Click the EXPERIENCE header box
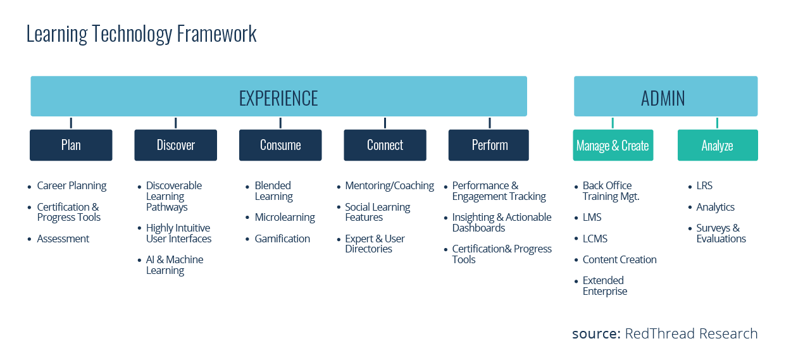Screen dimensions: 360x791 point(278,97)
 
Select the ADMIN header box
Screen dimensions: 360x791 point(665,97)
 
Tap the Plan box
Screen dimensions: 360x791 point(71,146)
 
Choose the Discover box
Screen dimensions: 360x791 point(175,146)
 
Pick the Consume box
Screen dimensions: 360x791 point(280,146)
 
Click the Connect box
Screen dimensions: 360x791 point(385,146)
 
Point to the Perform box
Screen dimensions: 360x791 point(489,146)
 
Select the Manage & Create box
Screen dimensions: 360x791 point(613,146)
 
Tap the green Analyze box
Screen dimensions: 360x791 point(717,146)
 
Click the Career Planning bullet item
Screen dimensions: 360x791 point(72,186)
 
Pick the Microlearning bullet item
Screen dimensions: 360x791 point(284,218)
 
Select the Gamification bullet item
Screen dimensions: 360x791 point(282,239)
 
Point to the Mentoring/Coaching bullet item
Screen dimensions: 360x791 point(389,186)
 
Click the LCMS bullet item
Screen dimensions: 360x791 point(594,239)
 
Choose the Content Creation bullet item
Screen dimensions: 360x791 point(620,260)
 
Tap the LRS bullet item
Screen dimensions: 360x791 point(704,186)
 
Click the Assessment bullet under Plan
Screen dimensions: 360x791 point(63,239)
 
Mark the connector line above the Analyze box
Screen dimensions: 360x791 point(717,123)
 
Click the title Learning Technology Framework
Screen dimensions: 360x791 point(142,34)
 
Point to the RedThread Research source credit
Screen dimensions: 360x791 point(664,334)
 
